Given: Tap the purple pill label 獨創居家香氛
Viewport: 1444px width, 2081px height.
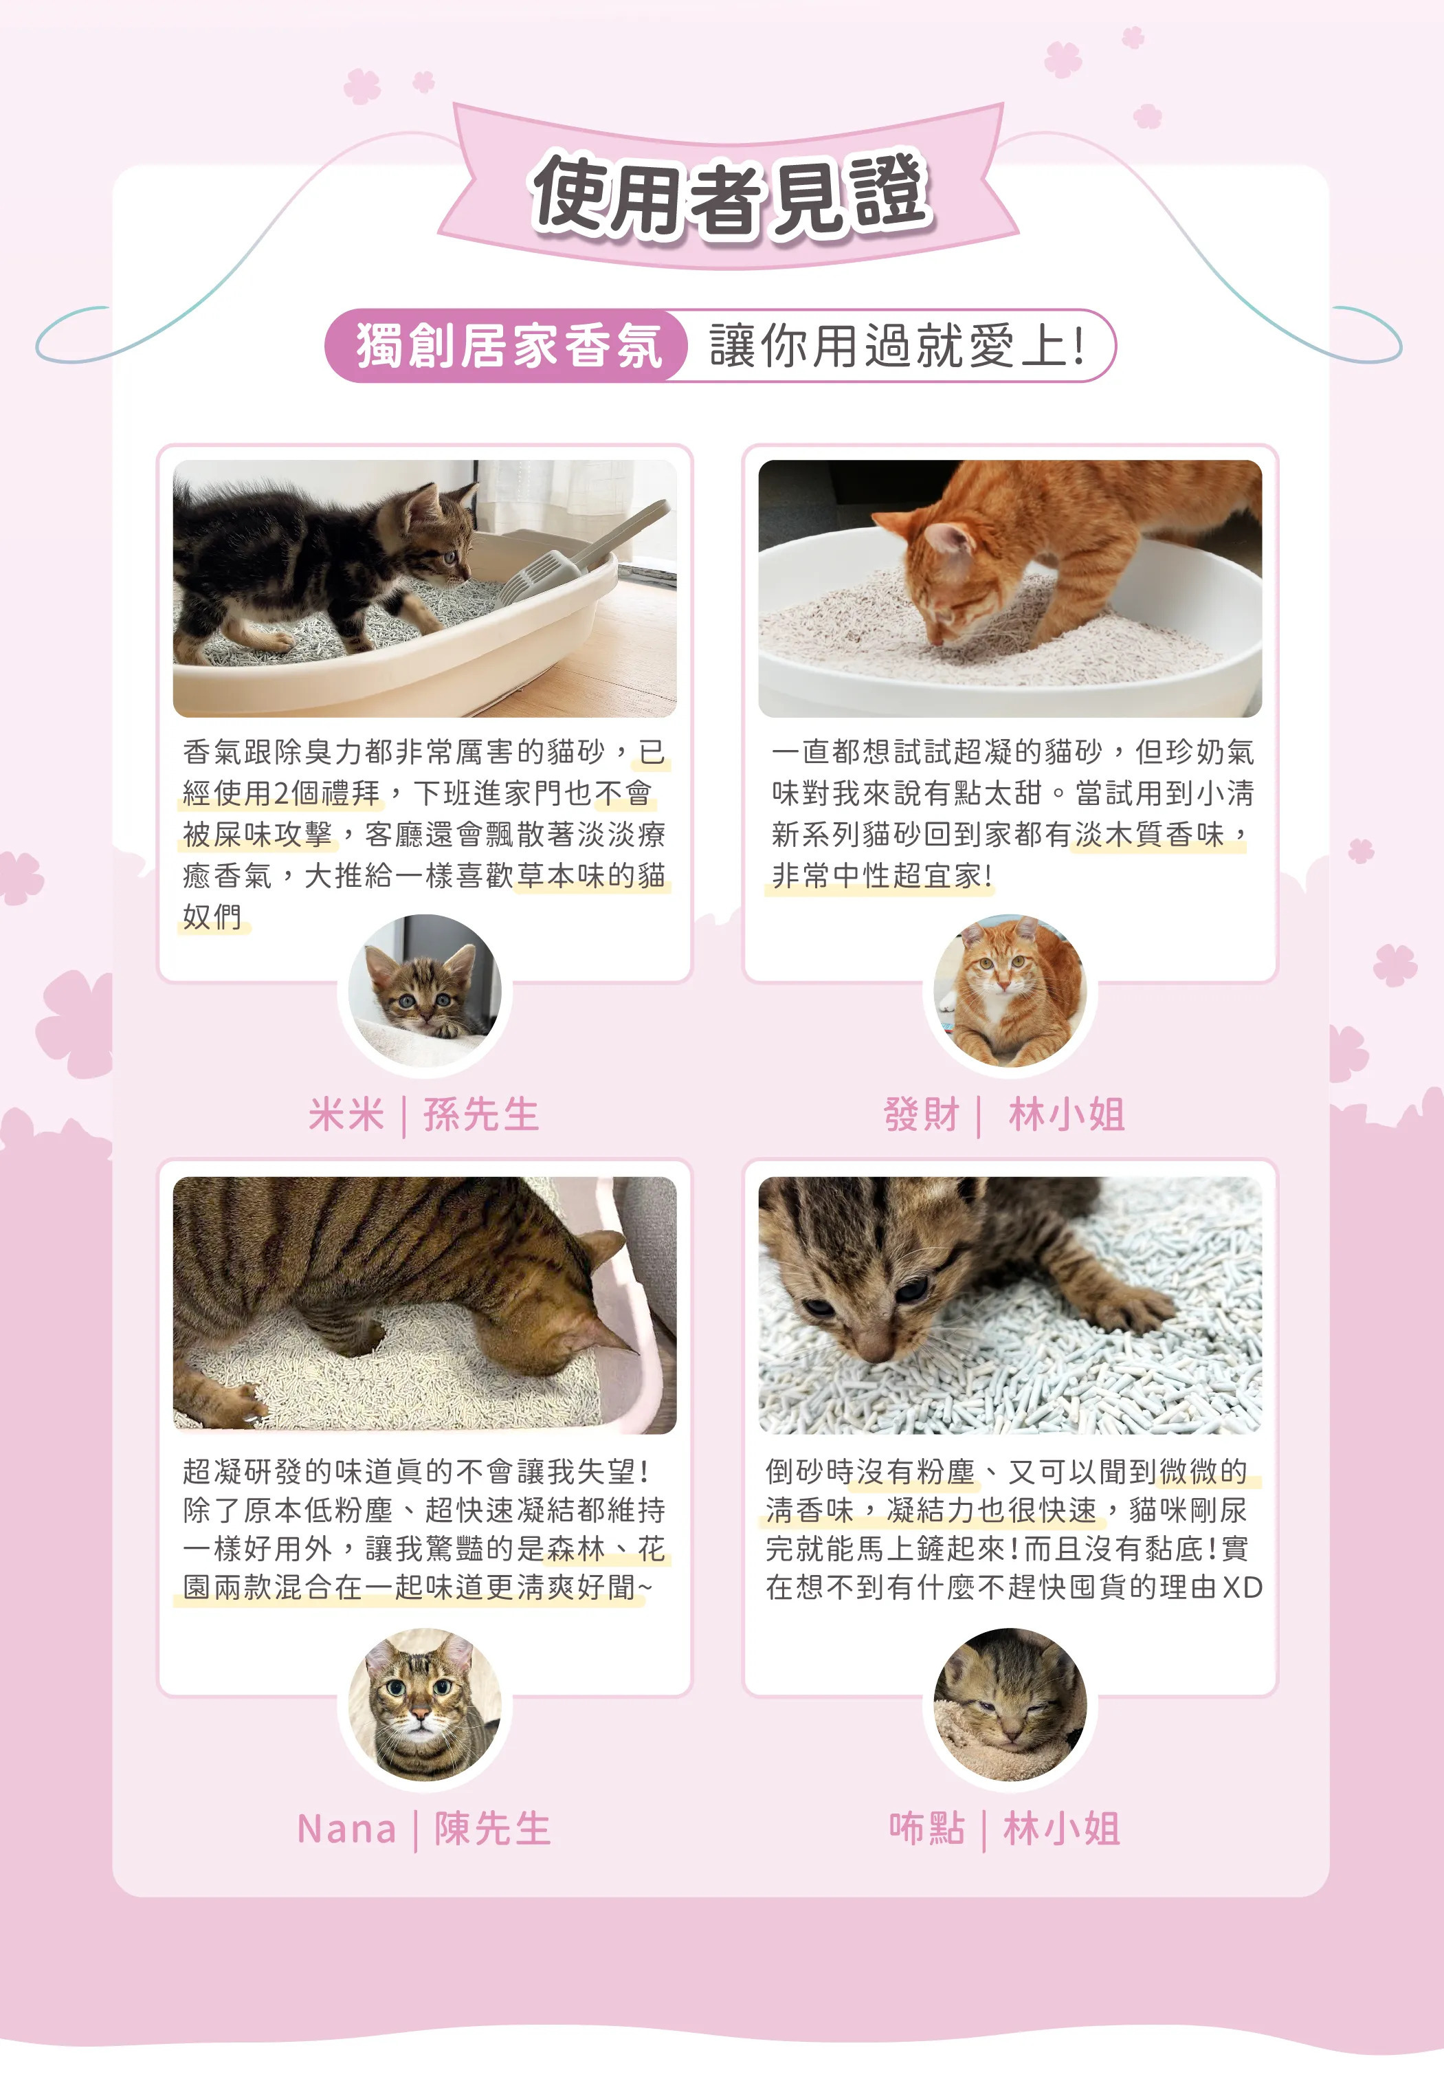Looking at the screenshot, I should point(509,346).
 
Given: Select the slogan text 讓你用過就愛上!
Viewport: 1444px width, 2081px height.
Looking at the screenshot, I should point(896,346).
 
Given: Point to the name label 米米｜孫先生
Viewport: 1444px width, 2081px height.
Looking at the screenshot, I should point(423,1114).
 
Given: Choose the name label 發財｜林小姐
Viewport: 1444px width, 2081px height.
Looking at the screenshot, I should point(1004,1114).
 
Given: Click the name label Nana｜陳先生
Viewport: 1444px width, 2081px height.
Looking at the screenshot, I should point(423,1829).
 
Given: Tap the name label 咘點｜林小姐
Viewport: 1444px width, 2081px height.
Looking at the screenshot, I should point(1004,1829).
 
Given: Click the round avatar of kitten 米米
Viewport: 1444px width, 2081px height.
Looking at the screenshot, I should point(424,991).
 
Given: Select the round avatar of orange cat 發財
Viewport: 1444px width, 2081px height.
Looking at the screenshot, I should point(1009,991).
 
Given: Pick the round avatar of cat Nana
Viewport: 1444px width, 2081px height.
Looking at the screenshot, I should point(424,1706).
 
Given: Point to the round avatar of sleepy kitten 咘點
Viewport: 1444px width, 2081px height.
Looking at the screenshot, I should point(1009,1706).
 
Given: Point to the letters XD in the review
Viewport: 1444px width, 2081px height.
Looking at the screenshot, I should point(1241,1587).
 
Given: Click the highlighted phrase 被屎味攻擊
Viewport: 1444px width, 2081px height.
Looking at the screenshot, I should point(258,834).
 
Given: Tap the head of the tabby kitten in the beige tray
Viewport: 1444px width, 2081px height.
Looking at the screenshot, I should point(434,529).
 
